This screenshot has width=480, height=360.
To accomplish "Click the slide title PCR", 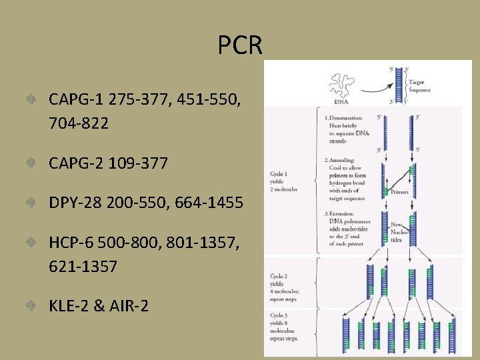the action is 240,45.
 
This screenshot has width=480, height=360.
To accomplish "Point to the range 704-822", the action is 78,123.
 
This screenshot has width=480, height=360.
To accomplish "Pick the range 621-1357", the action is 83,267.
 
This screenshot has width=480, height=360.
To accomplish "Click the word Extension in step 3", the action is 345,213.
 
